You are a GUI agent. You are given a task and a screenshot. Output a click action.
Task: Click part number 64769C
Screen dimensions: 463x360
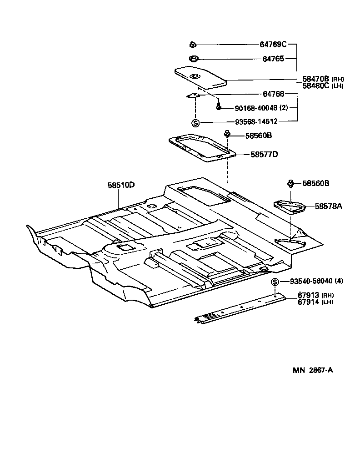click(x=273, y=45)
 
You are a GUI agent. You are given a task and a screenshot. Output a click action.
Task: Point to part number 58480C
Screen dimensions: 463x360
click(x=316, y=86)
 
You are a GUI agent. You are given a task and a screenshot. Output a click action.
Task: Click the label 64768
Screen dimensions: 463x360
click(x=273, y=94)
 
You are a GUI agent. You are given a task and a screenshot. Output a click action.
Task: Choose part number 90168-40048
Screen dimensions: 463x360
click(x=256, y=108)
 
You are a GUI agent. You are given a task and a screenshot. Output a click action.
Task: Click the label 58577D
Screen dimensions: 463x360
click(x=264, y=154)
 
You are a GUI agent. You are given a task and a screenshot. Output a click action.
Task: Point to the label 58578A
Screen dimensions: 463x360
click(x=328, y=206)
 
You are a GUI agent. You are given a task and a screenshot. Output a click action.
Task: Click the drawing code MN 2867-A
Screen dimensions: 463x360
click(x=313, y=370)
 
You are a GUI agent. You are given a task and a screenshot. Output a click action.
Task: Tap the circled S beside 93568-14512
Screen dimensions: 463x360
click(x=195, y=122)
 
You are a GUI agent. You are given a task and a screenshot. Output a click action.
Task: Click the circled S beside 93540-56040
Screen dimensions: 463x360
click(x=275, y=282)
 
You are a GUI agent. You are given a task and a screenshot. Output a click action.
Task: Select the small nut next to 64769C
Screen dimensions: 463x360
click(x=192, y=45)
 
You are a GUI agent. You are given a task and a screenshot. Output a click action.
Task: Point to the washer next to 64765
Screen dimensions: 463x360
click(x=193, y=59)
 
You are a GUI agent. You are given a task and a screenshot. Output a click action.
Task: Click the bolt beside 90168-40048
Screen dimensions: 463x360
click(x=219, y=107)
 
